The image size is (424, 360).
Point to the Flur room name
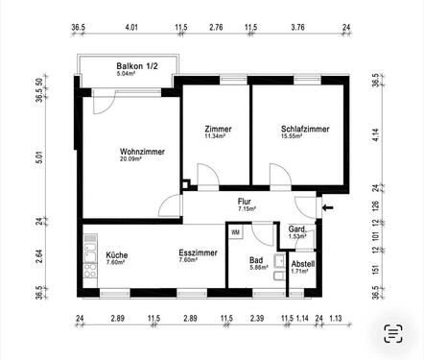click(245, 200)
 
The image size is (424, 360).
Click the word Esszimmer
click(197, 252)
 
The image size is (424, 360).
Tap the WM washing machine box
click(236, 232)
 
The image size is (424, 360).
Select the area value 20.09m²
click(143, 159)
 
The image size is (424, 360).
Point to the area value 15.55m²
click(304, 138)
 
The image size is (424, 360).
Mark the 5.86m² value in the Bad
click(256, 268)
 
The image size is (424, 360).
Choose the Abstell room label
click(302, 263)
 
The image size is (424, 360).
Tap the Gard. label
click(298, 228)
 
